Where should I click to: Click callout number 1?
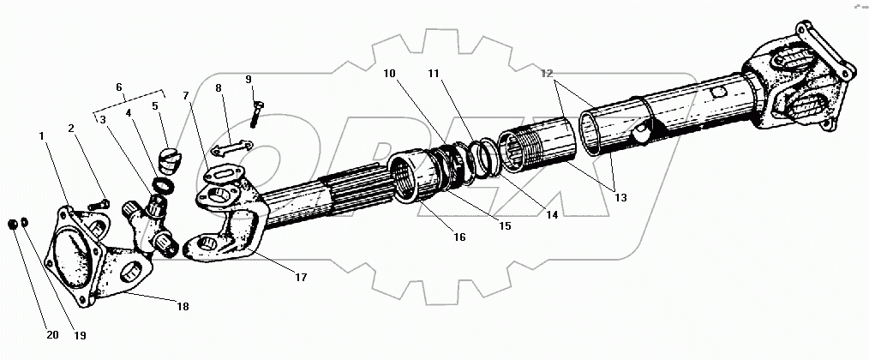(x=40, y=135)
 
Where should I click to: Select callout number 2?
(x=73, y=129)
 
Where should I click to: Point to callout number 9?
(x=248, y=80)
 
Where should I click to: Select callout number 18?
(x=183, y=306)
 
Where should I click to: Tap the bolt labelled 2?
(x=95, y=205)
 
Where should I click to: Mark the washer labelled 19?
(x=24, y=225)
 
